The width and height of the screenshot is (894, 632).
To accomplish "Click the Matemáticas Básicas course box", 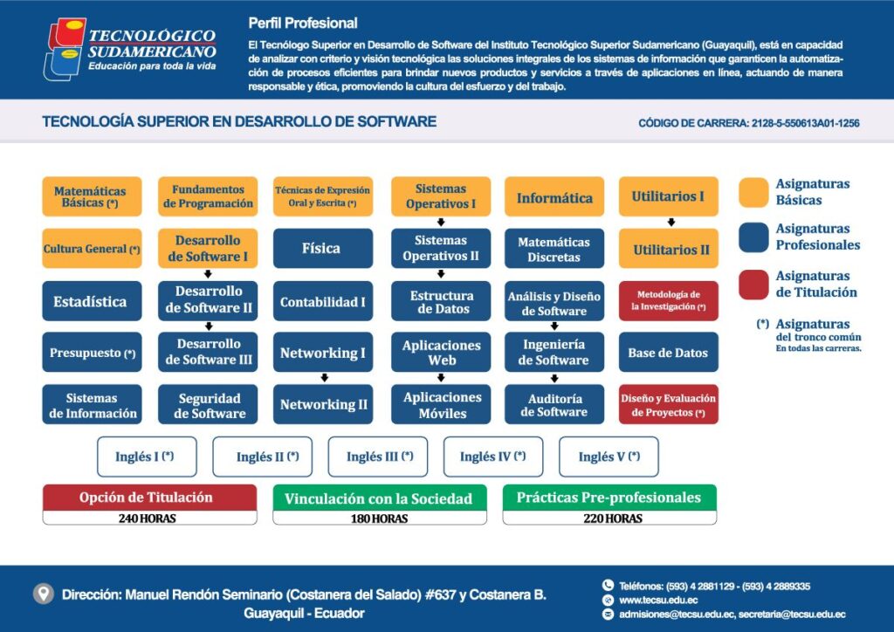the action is coord(92,196).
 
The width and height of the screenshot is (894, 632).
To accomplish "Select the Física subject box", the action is coord(323,249).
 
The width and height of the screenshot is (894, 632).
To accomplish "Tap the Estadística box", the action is coord(92,301).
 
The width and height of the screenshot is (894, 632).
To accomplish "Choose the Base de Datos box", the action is coord(668,353).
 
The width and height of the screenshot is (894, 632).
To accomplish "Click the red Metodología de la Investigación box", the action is coord(668,301).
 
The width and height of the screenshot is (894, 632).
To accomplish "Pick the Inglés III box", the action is coord(378,457).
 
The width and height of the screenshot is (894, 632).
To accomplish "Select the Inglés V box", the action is coord(609,457).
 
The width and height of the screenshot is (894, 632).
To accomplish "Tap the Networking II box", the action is coord(323,405).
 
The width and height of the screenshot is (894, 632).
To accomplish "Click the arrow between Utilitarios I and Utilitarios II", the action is coord(671,223).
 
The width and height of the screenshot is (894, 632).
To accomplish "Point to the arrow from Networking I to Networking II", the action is coord(325,378).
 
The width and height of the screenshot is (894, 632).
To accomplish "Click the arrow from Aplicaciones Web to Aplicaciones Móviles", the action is coord(441,378).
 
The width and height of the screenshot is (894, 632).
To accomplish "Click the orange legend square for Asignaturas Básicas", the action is coord(753,193).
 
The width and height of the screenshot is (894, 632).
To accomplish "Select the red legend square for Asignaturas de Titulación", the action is coord(753,285).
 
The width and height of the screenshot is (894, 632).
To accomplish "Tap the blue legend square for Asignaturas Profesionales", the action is coord(753,237).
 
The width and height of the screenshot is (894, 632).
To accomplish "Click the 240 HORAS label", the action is coord(147,519).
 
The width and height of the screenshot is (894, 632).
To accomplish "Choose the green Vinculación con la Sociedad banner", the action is coord(380,498).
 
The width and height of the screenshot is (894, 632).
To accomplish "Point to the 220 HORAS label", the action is coord(612,519).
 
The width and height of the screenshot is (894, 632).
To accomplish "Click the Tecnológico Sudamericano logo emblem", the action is coord(65,49).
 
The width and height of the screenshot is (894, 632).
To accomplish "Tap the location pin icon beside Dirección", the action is coord(44,594).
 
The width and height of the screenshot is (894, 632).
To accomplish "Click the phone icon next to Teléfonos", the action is coord(608,585).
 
